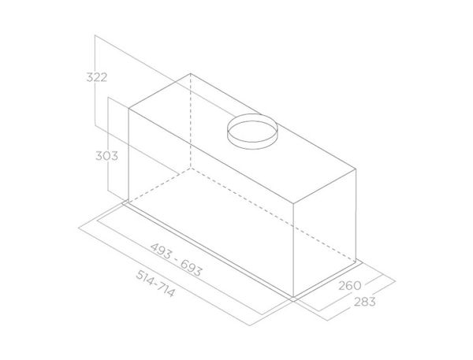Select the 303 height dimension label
coord(105,156)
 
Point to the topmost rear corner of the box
coord(191,74)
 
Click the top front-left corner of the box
coord(128,109)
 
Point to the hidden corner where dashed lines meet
coord(191,167)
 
